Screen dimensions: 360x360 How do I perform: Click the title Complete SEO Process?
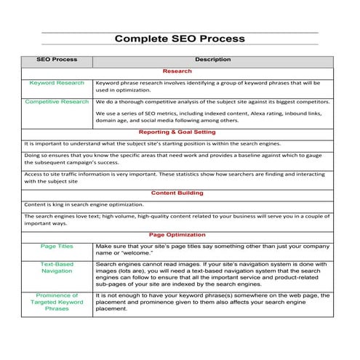point(180,39)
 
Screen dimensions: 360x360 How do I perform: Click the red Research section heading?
point(177,71)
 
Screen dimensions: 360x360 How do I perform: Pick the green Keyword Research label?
point(57,83)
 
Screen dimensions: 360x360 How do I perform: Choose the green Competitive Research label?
point(57,102)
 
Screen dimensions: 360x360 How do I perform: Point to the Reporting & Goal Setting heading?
point(177,132)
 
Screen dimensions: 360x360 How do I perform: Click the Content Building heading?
point(177,193)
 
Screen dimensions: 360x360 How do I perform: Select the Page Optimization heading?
point(177,236)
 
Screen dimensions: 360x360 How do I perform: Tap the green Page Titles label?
point(57,247)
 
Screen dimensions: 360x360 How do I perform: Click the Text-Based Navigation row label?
point(57,268)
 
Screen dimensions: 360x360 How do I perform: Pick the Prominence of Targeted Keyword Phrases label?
point(57,303)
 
